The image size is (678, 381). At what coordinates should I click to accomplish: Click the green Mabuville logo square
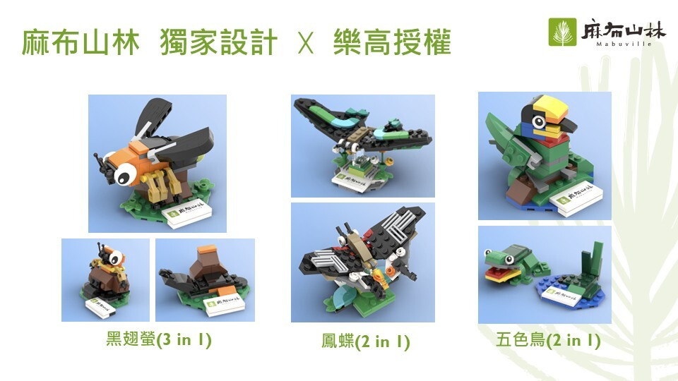coord(563,32)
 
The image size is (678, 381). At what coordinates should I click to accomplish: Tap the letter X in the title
coord(306,43)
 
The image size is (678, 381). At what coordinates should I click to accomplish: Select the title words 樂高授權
coord(392,42)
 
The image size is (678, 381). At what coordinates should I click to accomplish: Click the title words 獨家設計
coord(218,42)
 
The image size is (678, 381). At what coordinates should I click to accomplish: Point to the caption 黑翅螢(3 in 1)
coord(159,339)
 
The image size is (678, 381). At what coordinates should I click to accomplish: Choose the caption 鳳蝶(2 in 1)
coord(365,341)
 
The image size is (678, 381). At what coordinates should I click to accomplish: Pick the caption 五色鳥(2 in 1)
coord(548,340)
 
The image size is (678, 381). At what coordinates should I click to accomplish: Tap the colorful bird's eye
coord(539,121)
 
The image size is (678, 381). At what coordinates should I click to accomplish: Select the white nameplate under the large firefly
coord(189,213)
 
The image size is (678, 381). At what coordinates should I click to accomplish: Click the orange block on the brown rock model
coord(207,250)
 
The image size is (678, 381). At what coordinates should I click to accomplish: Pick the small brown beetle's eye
coord(114,258)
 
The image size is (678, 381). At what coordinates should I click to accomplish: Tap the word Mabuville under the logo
coord(624,44)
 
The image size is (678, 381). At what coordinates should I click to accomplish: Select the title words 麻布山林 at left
coord(81,42)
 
